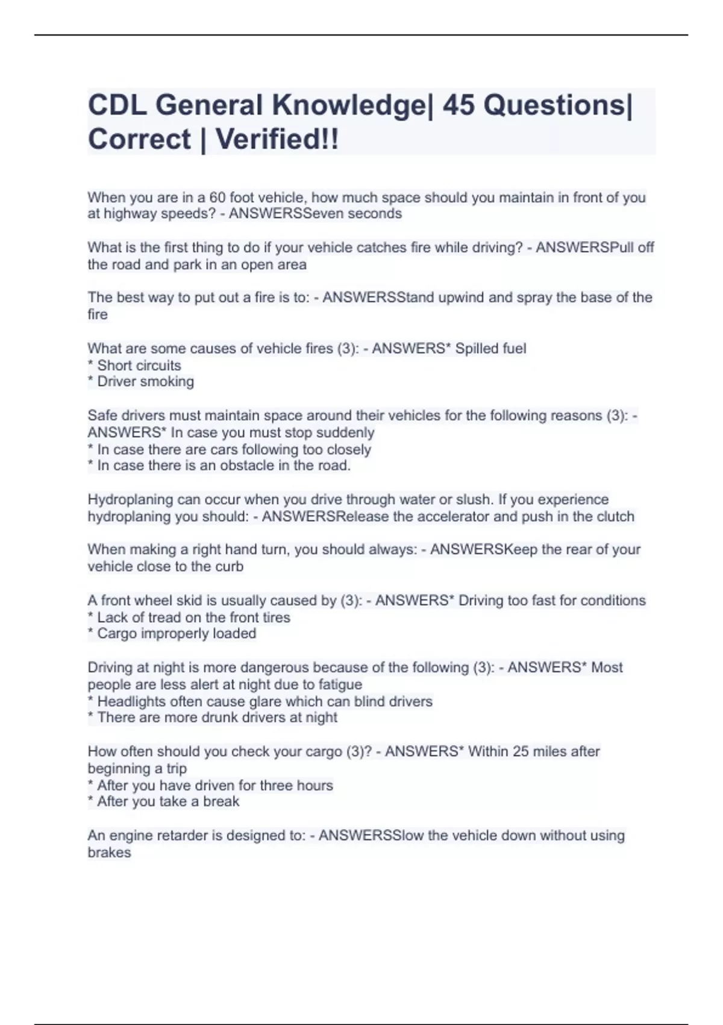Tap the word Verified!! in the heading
pos(277,140)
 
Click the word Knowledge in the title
pos(350,106)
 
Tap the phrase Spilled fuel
pos(490,348)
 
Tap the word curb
pos(230,567)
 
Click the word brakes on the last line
pos(109,853)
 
